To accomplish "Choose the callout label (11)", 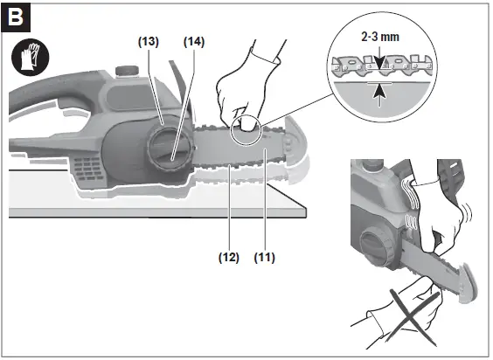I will click(x=265, y=258).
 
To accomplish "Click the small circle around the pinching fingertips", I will click(x=247, y=127).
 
